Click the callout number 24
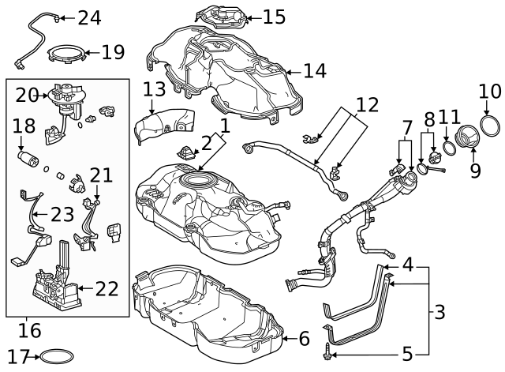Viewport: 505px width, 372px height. (x=89, y=17)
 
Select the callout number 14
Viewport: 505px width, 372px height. (x=314, y=72)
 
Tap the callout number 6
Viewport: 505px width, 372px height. (x=304, y=339)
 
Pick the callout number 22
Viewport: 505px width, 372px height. (x=106, y=289)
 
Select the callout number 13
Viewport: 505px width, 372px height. (x=155, y=89)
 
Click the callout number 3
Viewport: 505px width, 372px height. (x=440, y=312)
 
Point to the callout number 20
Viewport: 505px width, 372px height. (x=27, y=96)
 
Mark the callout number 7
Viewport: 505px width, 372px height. (x=407, y=126)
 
